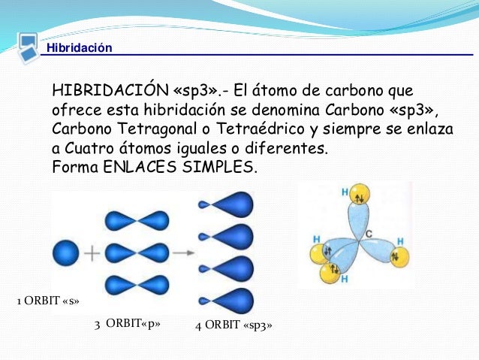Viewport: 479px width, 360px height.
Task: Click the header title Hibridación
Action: coord(79,49)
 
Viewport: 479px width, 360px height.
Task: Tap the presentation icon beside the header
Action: coord(28,44)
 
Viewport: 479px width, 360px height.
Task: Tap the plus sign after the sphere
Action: coord(92,253)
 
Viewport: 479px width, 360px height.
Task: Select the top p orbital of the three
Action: coord(135,220)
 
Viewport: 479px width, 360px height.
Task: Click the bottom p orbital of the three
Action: coord(135,285)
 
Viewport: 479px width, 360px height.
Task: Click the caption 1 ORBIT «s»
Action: coord(48,302)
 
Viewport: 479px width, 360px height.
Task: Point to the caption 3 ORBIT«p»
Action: coord(127,325)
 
